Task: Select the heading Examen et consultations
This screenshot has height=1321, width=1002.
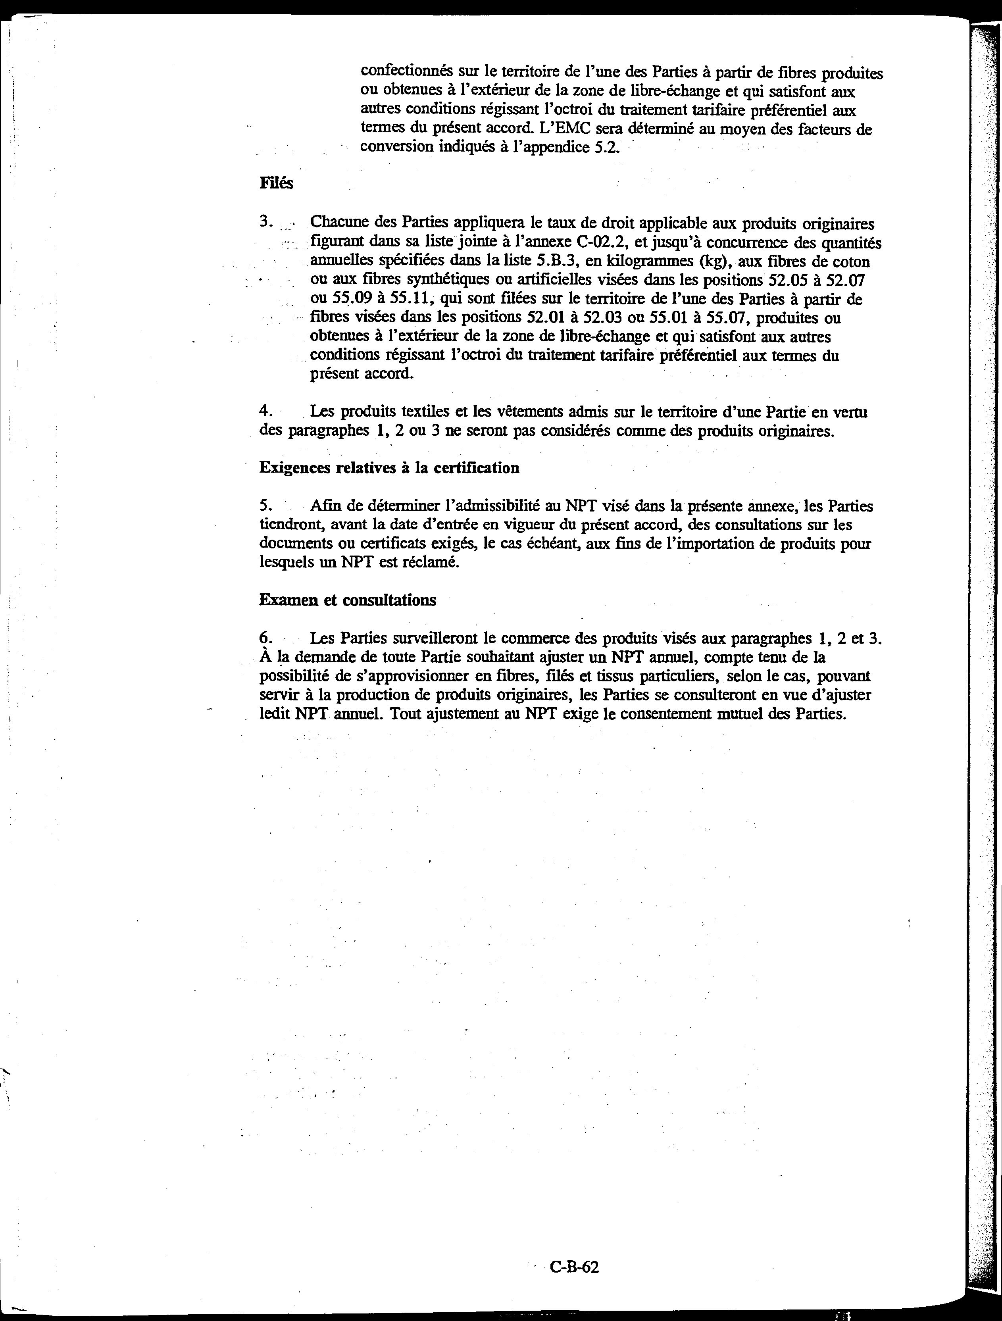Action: tap(348, 600)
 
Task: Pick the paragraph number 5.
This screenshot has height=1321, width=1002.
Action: tap(266, 506)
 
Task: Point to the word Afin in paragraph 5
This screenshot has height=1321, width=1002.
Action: tap(324, 506)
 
